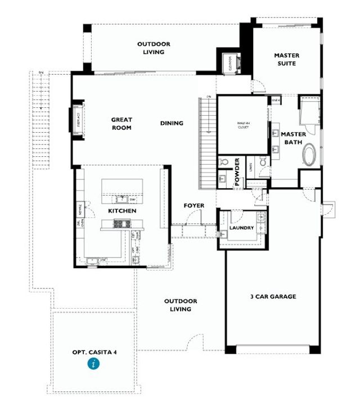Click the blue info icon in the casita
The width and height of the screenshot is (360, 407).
click(x=94, y=364)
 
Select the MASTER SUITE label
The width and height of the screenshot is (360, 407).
click(x=286, y=60)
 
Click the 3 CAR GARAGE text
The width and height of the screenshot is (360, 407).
click(x=273, y=296)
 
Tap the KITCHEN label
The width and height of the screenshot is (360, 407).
click(x=122, y=211)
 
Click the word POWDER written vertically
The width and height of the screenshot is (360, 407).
click(x=237, y=172)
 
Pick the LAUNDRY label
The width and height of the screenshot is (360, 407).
click(x=241, y=228)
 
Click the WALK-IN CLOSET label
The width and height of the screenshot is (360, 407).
click(x=244, y=126)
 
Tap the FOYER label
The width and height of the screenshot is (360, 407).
click(x=193, y=206)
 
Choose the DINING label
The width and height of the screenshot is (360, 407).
click(x=172, y=123)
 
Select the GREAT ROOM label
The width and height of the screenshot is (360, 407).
click(x=121, y=124)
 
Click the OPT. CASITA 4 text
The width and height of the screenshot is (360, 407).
click(x=94, y=352)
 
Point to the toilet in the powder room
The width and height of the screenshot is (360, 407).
click(x=223, y=162)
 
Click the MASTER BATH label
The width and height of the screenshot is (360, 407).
click(x=293, y=138)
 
